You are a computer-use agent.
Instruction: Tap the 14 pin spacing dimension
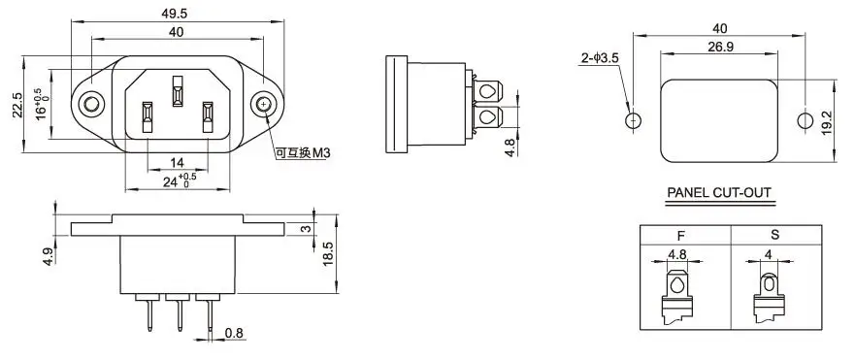point(176,163)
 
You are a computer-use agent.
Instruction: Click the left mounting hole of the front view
point(90,104)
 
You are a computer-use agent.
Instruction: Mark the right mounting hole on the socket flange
point(264,104)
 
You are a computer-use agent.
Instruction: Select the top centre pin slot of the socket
point(177,92)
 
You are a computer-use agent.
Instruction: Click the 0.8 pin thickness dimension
point(235,334)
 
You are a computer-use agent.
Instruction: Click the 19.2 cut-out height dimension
point(826,121)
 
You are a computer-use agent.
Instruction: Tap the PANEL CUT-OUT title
point(718,193)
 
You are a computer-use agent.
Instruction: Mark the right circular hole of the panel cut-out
point(803,121)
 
